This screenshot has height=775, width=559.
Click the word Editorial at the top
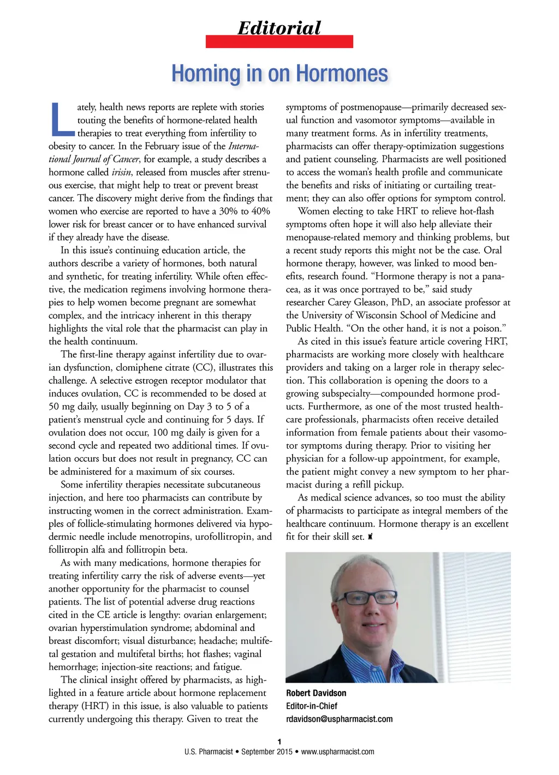coord(279,27)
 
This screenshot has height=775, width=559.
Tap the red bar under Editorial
coord(279,41)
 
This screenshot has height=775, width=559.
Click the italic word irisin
coord(121,172)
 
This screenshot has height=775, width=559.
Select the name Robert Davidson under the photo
coord(316,693)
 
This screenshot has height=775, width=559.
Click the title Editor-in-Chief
coord(312,706)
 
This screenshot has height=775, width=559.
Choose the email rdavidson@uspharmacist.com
coord(339,719)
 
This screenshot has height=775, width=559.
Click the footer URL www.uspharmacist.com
coord(337,752)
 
